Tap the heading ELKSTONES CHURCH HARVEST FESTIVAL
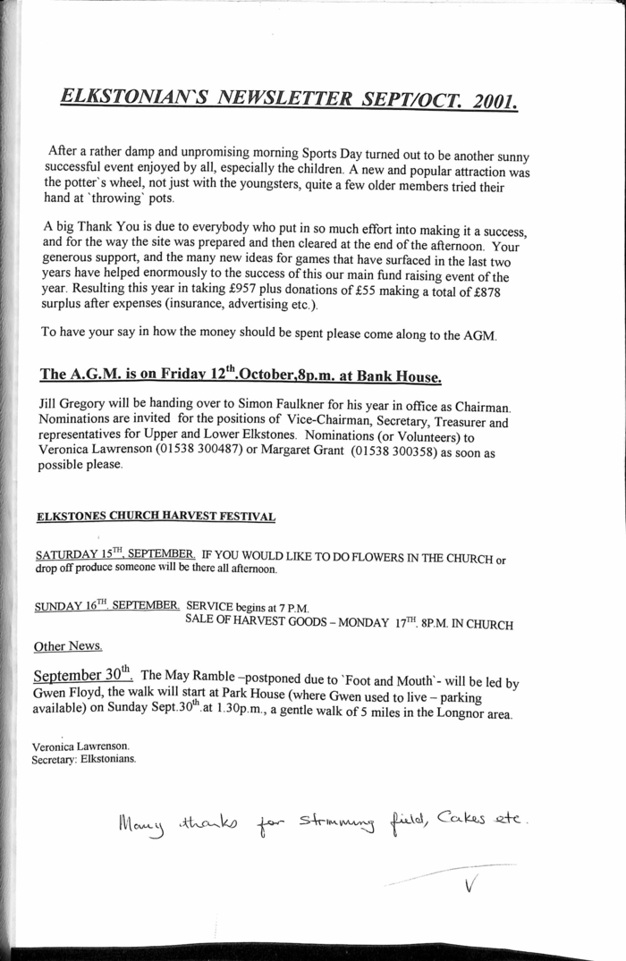156,517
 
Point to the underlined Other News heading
67,645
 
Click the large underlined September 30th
82,671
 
